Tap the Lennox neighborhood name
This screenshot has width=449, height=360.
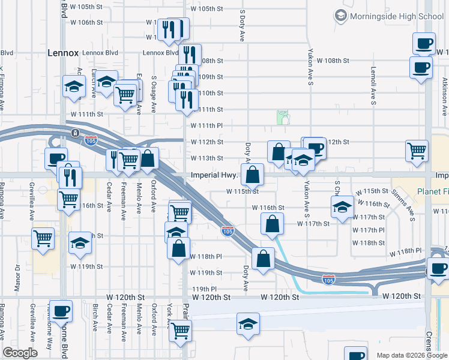click(63, 53)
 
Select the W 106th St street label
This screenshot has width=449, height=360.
click(87, 22)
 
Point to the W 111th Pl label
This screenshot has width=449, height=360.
click(207, 125)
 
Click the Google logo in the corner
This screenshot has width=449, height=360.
click(20, 353)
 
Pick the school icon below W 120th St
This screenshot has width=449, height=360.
click(248, 323)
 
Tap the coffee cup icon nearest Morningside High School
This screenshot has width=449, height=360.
click(424, 43)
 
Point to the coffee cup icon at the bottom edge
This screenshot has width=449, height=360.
click(355, 355)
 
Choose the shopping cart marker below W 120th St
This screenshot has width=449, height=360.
click(180, 329)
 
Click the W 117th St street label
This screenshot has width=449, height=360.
click(313, 224)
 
